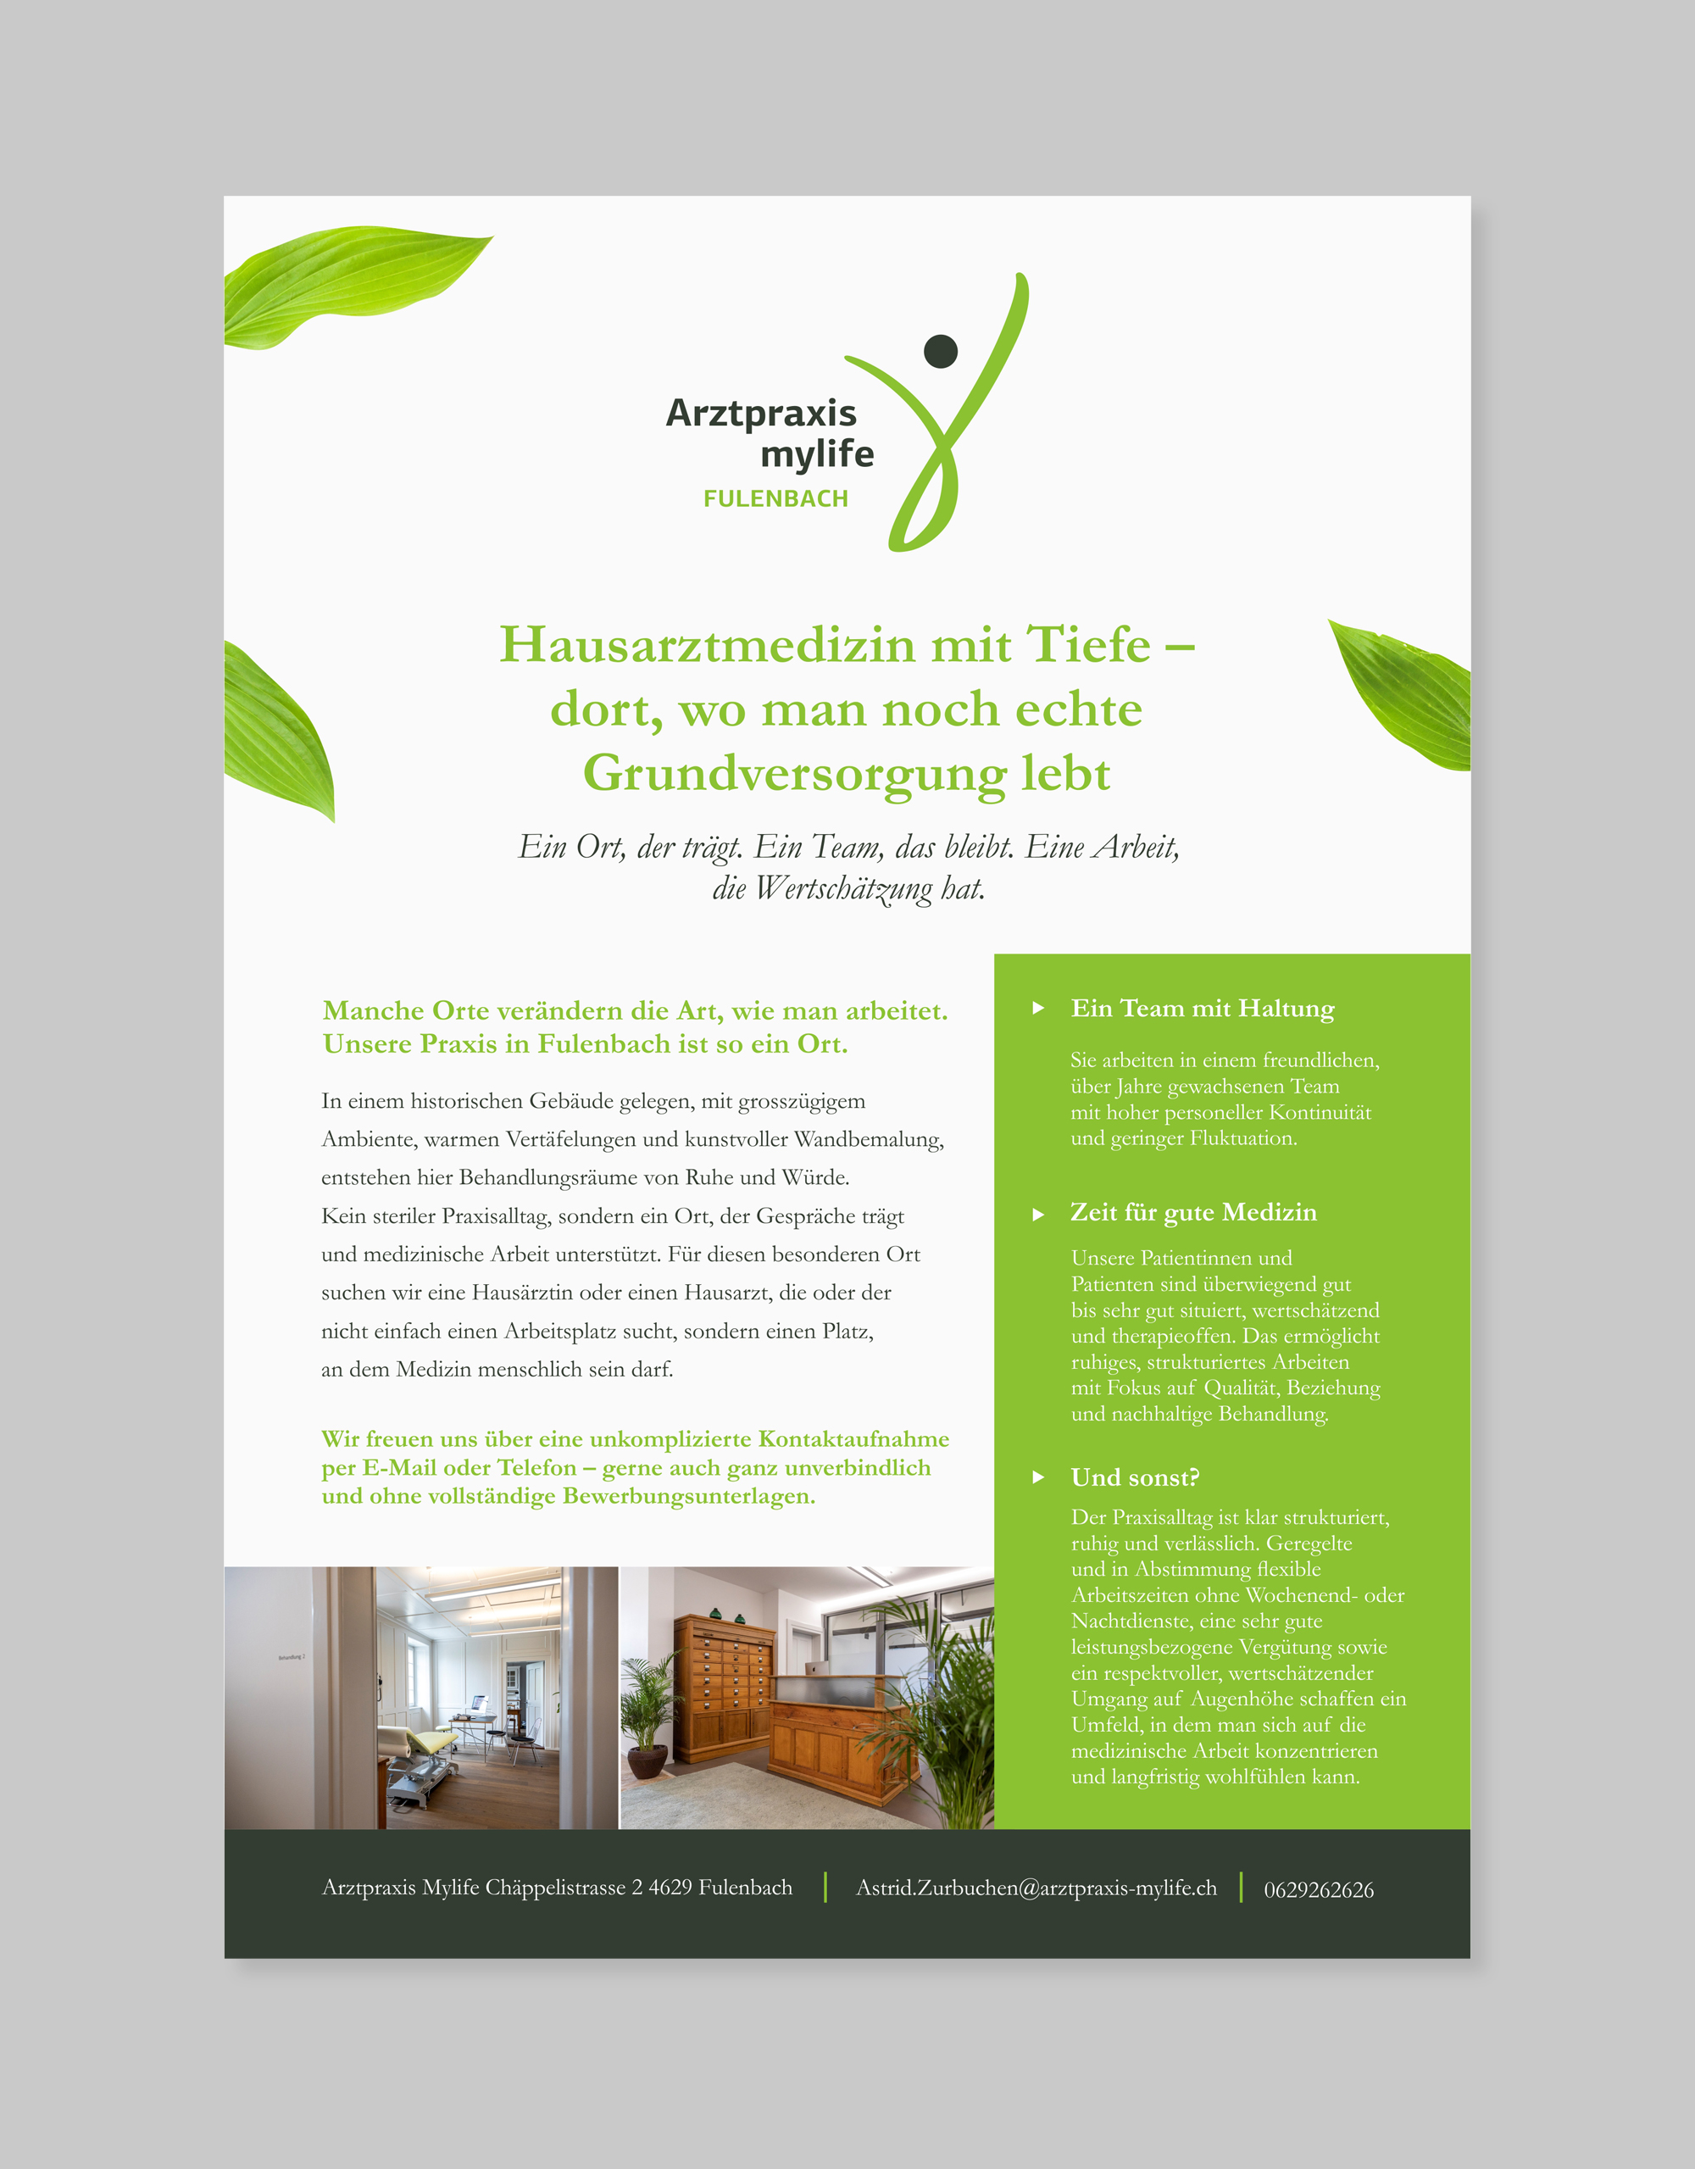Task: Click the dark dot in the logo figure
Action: (941, 351)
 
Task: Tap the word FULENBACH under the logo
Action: (775, 498)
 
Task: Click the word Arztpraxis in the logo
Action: (760, 412)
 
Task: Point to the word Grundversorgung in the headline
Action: (793, 774)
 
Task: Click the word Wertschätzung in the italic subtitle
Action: (843, 888)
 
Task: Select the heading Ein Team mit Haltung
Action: (1202, 1008)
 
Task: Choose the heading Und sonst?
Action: (1134, 1477)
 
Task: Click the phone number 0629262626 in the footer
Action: (1319, 1890)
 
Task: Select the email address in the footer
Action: (1036, 1888)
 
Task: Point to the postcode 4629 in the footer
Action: (670, 1887)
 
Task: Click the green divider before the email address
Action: (825, 1887)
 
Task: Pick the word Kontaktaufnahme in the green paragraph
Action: (853, 1439)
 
